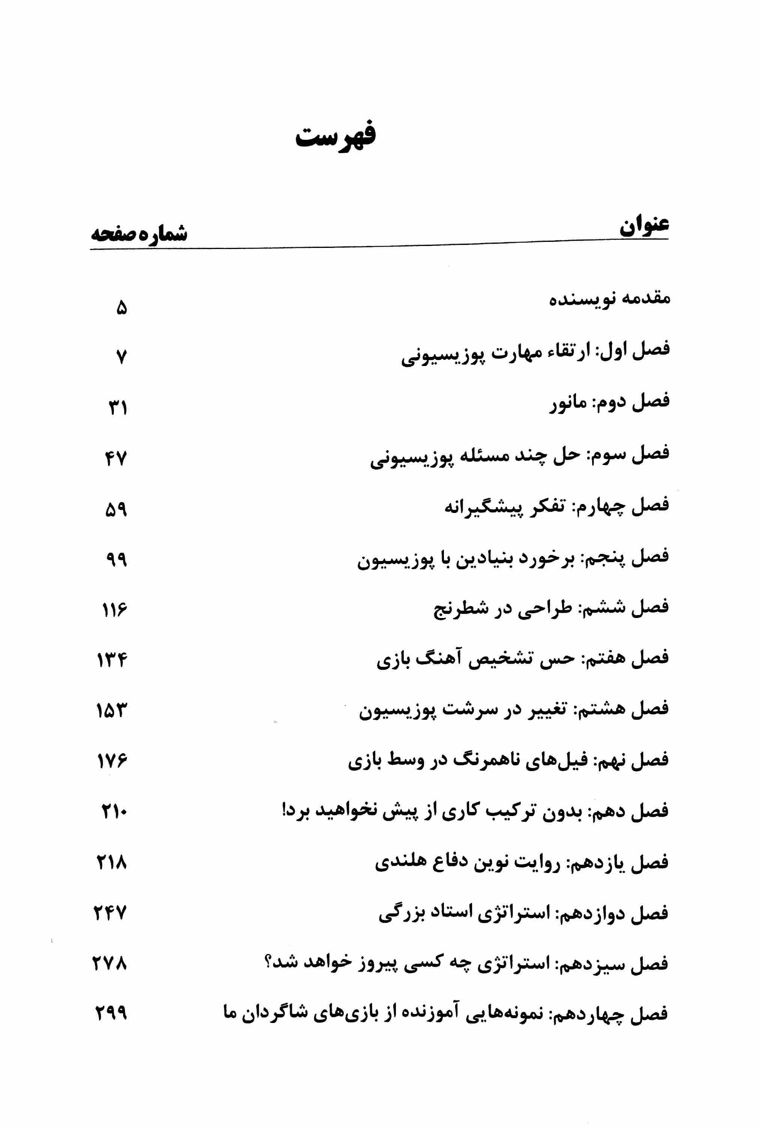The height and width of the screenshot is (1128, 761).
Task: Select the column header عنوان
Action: pyautogui.click(x=644, y=225)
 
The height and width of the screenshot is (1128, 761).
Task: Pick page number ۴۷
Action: pyautogui.click(x=116, y=458)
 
